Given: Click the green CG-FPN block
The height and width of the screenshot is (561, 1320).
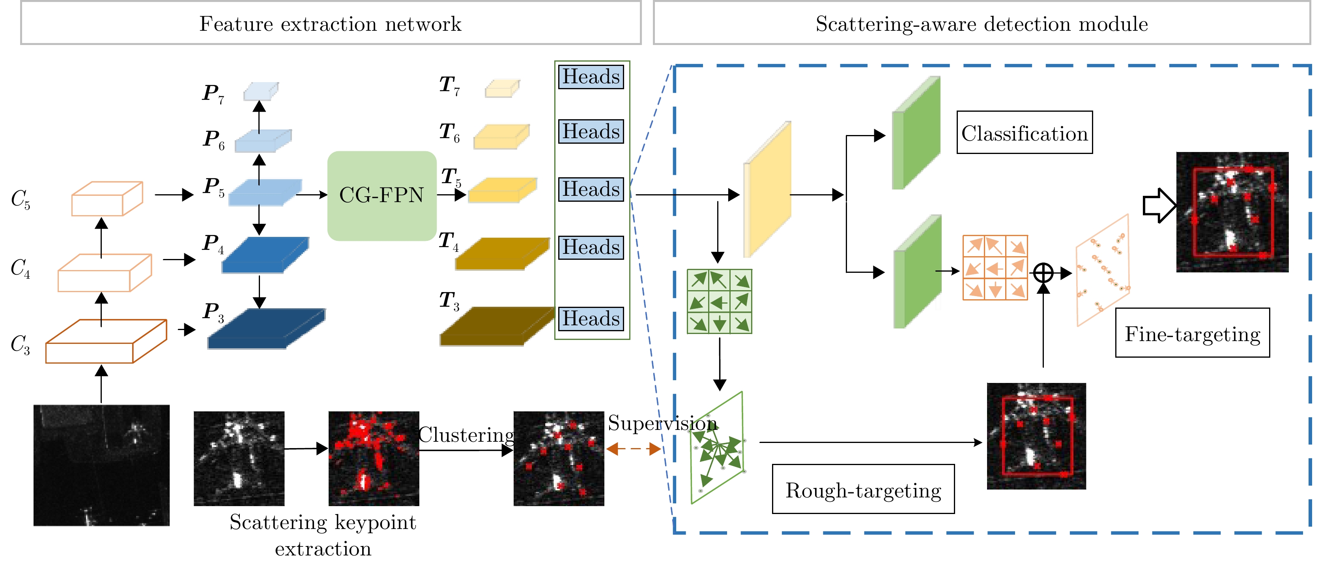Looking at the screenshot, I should click(x=382, y=195).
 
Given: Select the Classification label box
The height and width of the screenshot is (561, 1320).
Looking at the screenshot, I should click(x=1025, y=133).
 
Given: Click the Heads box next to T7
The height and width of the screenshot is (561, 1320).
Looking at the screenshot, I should click(x=591, y=77).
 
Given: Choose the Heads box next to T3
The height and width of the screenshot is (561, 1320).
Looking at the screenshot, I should click(x=591, y=319).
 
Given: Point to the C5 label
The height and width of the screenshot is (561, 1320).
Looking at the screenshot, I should click(x=21, y=199).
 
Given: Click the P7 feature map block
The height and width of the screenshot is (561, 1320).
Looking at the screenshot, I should click(x=260, y=91).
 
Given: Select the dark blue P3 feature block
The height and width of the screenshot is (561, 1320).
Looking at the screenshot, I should click(x=265, y=328).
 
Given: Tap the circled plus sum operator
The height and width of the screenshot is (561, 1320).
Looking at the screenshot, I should click(x=1043, y=273).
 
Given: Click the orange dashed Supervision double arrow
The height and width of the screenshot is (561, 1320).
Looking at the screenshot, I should click(x=633, y=449).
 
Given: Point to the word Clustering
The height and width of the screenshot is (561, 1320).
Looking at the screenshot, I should click(x=466, y=435).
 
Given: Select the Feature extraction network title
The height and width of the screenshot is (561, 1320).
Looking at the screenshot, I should click(x=331, y=24).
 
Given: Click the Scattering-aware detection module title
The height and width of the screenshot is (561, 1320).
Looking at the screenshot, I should click(x=981, y=24).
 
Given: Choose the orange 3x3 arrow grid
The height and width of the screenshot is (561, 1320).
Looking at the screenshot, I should click(x=995, y=268).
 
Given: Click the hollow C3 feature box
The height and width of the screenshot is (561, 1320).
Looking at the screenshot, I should click(x=106, y=341).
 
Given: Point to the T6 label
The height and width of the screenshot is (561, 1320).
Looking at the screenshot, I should click(x=449, y=132).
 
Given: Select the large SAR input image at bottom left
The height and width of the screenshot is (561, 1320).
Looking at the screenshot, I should click(x=101, y=465).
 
